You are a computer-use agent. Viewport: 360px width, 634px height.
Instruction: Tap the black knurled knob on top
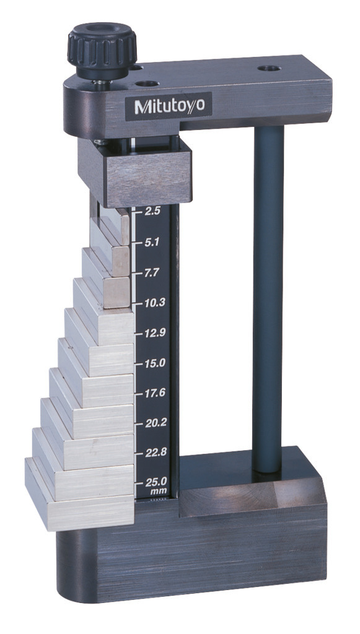102,51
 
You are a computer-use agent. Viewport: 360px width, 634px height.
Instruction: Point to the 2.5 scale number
152,211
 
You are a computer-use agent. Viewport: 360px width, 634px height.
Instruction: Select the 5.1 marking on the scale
152,242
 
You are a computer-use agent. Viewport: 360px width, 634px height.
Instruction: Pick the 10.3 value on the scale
154,302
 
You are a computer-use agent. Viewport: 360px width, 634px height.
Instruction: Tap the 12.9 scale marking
154,332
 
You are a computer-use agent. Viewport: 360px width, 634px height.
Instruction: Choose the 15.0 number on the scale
154,363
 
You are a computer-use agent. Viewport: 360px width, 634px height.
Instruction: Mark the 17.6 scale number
156,393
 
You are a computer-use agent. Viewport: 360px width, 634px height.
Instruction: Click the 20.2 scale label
156,422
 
